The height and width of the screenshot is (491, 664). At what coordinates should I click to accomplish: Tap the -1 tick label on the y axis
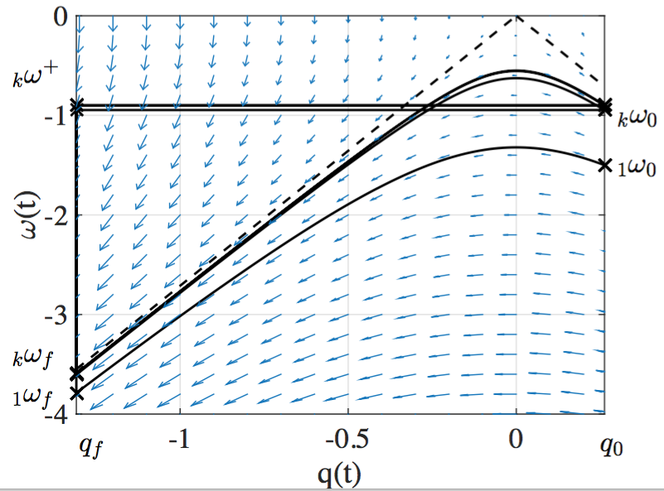tap(55, 115)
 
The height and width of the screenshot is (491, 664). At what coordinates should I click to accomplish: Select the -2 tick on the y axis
tap(55, 215)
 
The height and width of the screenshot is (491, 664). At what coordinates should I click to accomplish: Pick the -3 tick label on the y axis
tap(55, 315)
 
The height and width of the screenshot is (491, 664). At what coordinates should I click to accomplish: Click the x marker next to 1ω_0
tap(603, 164)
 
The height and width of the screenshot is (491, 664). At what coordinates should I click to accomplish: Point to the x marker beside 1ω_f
tap(77, 393)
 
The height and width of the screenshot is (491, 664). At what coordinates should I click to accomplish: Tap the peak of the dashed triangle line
tap(516, 16)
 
